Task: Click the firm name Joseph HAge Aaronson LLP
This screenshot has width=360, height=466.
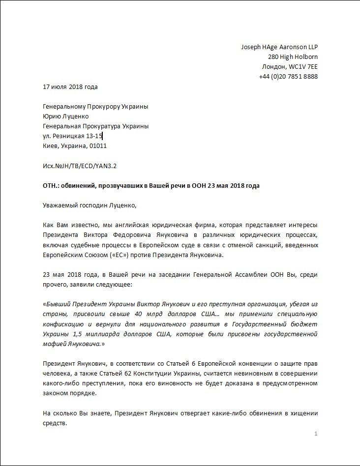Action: pos(279,47)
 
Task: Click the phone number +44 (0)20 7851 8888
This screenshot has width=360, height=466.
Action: pos(288,76)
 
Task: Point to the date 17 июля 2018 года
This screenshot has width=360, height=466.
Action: pos(70,87)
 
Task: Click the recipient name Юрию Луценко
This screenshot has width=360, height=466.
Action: pos(66,116)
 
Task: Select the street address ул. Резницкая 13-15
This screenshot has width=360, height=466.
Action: pos(72,136)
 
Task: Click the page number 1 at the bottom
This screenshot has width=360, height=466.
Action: pos(316,434)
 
